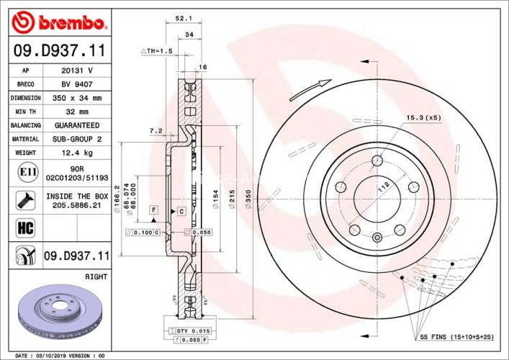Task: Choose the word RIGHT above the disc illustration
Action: [96, 276]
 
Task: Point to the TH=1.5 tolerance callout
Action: [158, 51]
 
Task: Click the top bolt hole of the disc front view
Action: [376, 162]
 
